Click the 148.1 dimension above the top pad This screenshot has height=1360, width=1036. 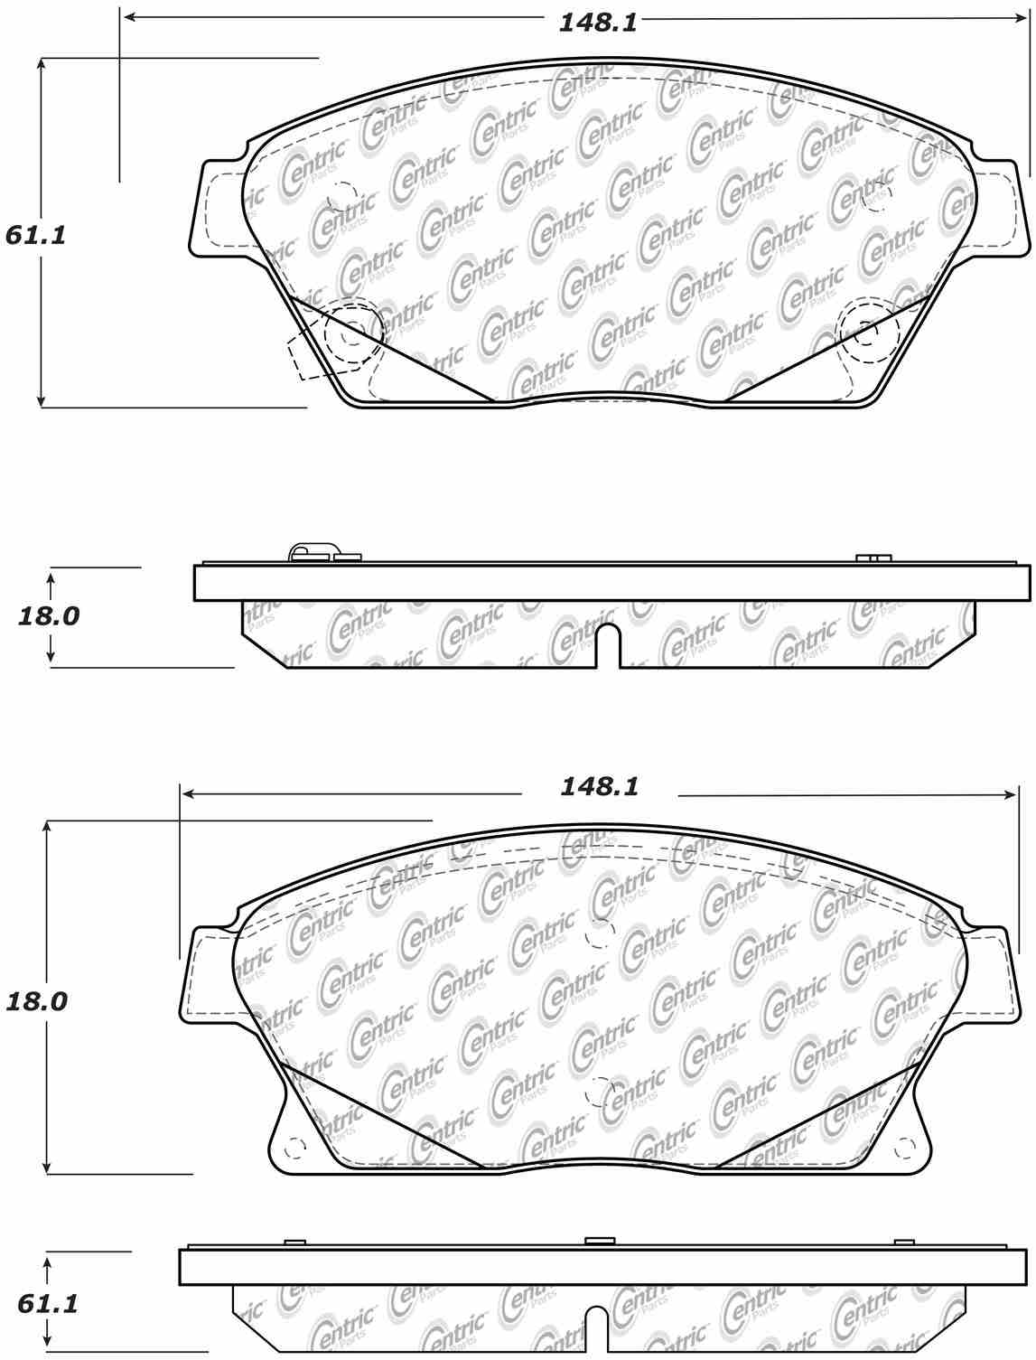597,22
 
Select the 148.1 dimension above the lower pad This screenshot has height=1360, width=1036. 600,786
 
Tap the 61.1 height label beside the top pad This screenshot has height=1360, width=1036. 36,235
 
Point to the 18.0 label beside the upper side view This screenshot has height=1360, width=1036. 49,616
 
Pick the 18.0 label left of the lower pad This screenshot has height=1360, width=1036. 37,1001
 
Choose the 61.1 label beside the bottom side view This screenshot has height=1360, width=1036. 49,1304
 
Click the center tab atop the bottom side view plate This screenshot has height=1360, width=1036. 598,1242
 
